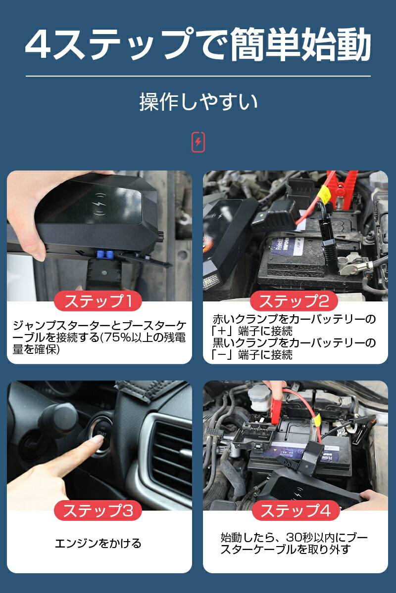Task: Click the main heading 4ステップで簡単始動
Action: click(x=198, y=45)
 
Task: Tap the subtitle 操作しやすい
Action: click(x=198, y=102)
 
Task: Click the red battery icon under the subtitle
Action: click(x=198, y=142)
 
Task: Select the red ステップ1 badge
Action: click(x=98, y=301)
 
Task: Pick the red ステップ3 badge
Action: click(x=98, y=510)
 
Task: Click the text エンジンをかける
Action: click(x=98, y=544)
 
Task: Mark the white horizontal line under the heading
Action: click(x=198, y=76)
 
